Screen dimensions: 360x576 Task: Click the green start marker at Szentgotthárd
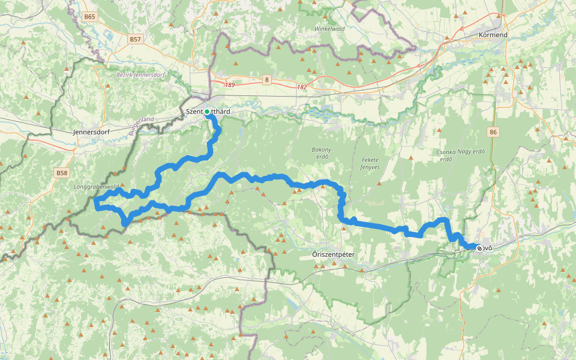[x=207, y=112]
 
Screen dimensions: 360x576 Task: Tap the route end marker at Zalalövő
[x=480, y=247]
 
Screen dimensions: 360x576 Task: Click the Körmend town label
[x=493, y=35]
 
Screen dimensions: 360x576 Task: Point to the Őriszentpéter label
[x=334, y=254]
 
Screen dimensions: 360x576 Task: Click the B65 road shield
[x=90, y=17]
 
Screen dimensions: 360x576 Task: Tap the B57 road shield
[x=135, y=39]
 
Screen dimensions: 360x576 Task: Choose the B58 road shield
[x=62, y=173]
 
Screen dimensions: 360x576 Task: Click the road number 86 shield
[x=493, y=131]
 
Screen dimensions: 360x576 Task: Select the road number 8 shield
[x=266, y=79]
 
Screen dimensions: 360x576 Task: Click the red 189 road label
[x=230, y=85]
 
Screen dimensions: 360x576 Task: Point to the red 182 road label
[x=302, y=88]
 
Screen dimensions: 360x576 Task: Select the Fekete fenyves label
[x=370, y=163]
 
